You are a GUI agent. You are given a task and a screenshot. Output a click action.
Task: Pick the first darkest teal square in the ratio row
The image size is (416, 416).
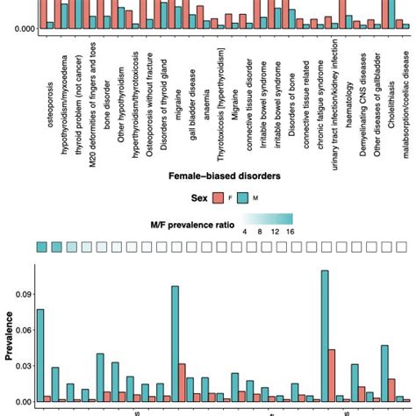click(x=41, y=247)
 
